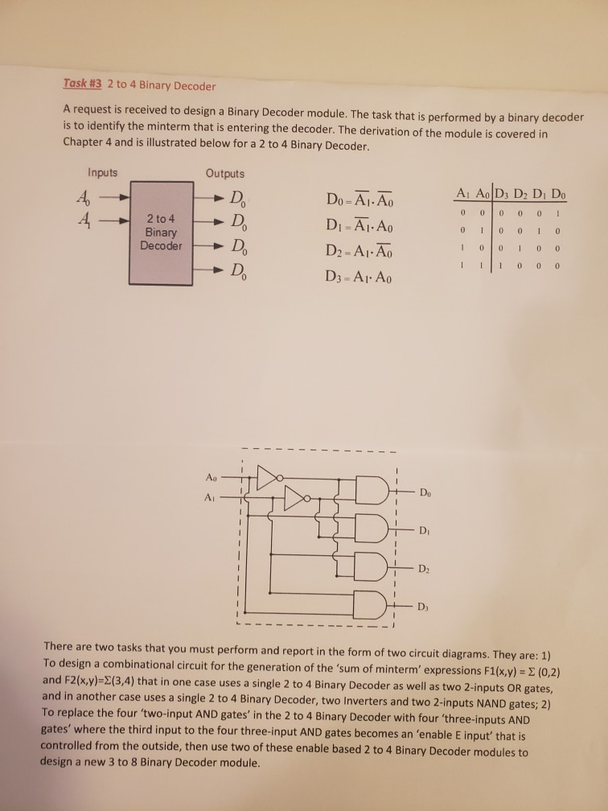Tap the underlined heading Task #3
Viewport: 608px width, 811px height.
pyautogui.click(x=83, y=85)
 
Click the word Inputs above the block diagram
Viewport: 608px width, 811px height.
pyautogui.click(x=102, y=172)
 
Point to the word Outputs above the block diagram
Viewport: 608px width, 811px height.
pyautogui.click(x=225, y=173)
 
